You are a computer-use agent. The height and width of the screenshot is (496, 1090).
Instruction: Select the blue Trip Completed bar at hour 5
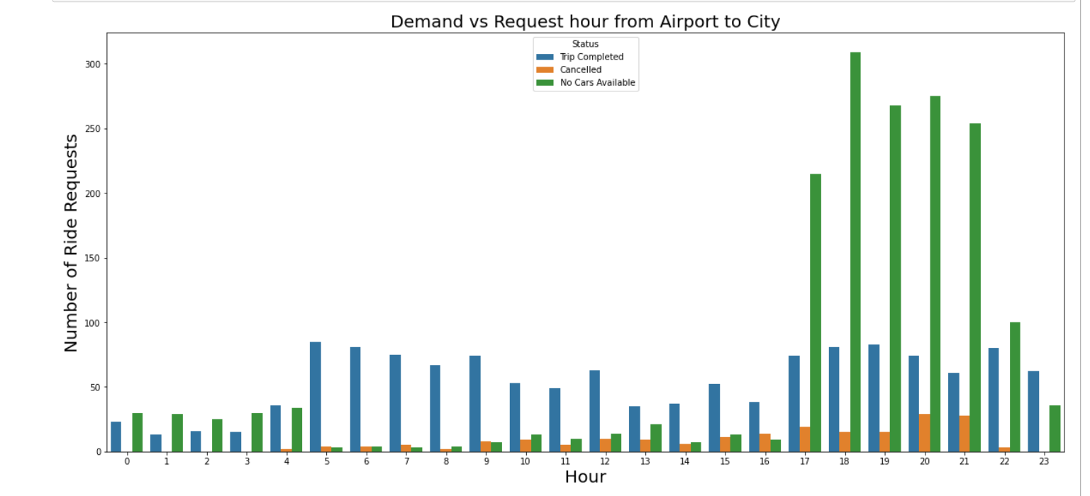(316, 397)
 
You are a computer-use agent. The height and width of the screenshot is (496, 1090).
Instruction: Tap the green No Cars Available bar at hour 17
(816, 312)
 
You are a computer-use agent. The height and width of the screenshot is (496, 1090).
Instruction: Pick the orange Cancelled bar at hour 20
(924, 433)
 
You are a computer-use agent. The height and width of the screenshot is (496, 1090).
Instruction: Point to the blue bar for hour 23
(1033, 411)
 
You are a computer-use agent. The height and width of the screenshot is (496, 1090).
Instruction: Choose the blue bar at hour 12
(595, 411)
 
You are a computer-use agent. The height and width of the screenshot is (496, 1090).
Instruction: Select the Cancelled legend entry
(580, 69)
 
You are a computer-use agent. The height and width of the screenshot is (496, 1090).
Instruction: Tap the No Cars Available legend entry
(597, 82)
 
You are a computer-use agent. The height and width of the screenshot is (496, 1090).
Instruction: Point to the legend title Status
(585, 44)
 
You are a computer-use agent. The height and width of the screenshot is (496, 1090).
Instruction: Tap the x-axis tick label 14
(684, 461)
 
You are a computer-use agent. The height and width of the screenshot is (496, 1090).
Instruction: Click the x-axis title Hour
(585, 477)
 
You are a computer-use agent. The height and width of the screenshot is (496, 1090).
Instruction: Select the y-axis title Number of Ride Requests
(71, 242)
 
